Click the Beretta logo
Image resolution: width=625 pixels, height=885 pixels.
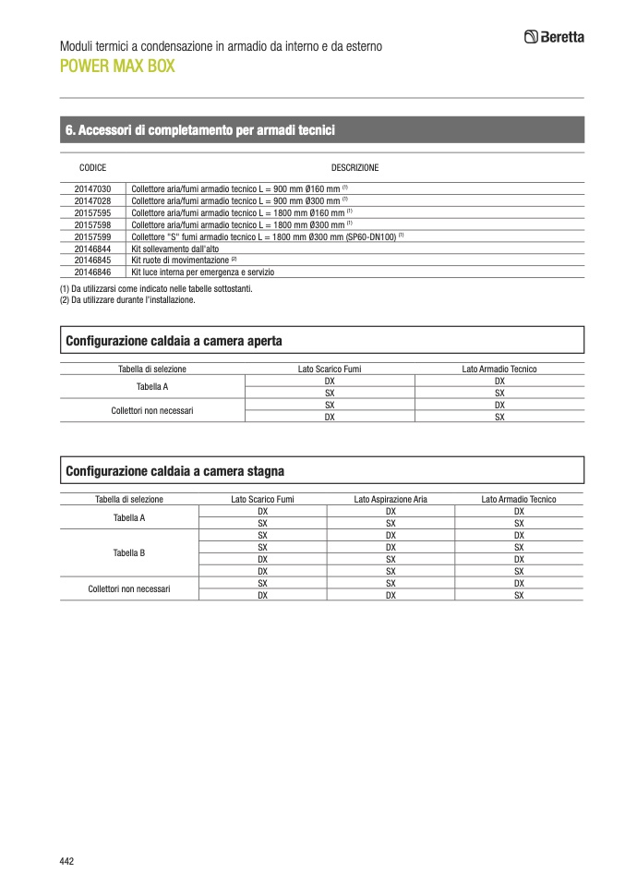click(x=554, y=38)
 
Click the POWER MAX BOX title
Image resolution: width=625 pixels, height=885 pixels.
click(x=116, y=67)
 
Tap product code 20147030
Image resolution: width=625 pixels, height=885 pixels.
click(x=92, y=188)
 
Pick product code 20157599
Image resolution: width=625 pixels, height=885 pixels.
click(x=92, y=236)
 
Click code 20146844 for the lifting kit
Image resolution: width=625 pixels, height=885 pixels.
click(x=92, y=249)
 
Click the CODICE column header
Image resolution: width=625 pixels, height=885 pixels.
click(x=93, y=168)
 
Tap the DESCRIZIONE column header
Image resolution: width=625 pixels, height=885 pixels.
click(x=355, y=168)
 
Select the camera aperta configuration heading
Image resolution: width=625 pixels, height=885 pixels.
click(x=174, y=341)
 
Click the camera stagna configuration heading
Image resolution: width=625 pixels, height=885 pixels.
click(x=174, y=471)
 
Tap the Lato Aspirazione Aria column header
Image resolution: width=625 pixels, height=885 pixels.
click(x=391, y=500)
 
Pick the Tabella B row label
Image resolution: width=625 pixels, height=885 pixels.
click(x=129, y=553)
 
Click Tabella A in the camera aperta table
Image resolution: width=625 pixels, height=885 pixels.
click(x=152, y=387)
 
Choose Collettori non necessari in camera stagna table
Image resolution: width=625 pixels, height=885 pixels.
click(x=129, y=588)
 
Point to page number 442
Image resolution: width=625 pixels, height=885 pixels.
click(x=66, y=861)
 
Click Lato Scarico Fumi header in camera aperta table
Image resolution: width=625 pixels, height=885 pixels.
click(x=329, y=370)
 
